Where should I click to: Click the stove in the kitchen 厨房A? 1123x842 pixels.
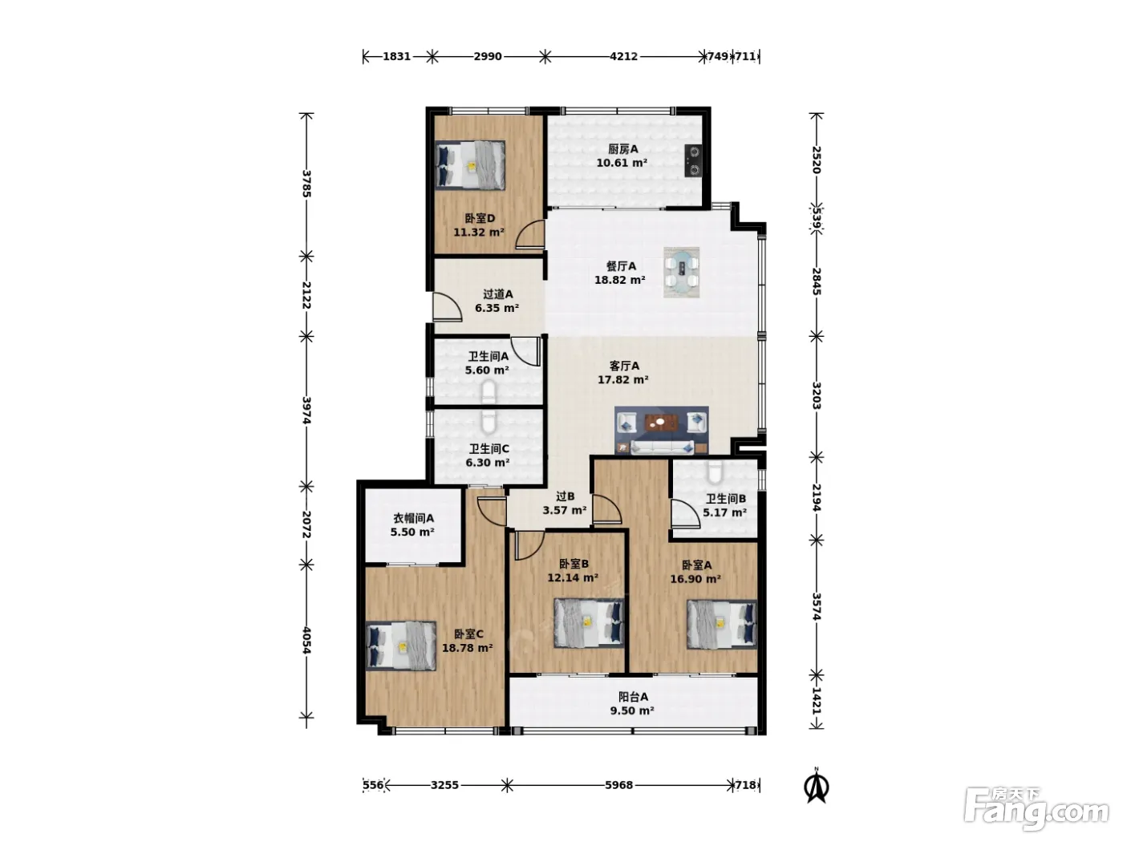(x=693, y=160)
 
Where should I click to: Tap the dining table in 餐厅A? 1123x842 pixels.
(x=682, y=273)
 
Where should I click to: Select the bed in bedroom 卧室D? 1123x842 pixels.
(x=470, y=165)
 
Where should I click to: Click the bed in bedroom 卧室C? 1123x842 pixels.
(x=402, y=646)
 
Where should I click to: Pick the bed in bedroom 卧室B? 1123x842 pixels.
(x=590, y=624)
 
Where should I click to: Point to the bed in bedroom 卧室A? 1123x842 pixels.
(x=722, y=624)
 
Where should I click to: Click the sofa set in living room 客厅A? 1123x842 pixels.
(x=662, y=430)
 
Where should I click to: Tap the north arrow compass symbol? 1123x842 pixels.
(x=817, y=787)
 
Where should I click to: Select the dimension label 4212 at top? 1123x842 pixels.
(x=623, y=56)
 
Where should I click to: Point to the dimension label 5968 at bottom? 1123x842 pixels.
(x=619, y=785)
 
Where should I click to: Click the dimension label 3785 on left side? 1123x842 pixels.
(x=306, y=184)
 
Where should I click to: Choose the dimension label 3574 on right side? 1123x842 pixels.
(x=817, y=607)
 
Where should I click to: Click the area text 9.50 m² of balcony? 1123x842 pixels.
(x=632, y=710)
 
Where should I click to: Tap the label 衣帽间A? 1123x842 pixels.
(x=413, y=518)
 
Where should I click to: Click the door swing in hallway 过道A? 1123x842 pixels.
(x=448, y=307)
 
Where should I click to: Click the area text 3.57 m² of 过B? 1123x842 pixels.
(x=565, y=510)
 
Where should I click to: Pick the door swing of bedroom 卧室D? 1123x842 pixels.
(x=530, y=234)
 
